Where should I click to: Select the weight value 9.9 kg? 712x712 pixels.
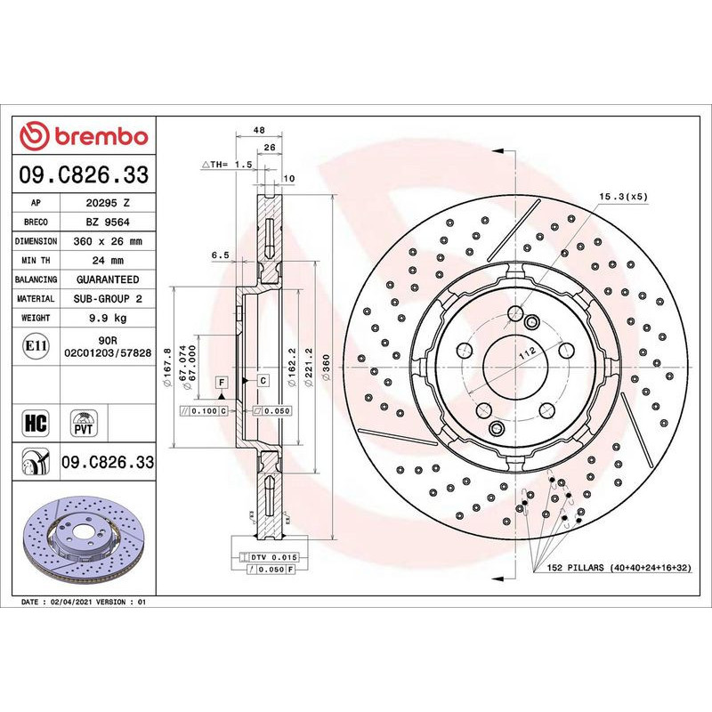coord(107,318)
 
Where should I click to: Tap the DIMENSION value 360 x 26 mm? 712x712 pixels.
coord(107,241)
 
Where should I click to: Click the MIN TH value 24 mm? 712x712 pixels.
coord(107,261)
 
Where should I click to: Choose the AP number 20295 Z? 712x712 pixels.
coord(107,203)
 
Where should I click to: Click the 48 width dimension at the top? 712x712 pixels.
coord(259,130)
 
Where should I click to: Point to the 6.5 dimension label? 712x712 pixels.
coord(221,255)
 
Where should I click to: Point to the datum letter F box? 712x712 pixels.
coord(220,382)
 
